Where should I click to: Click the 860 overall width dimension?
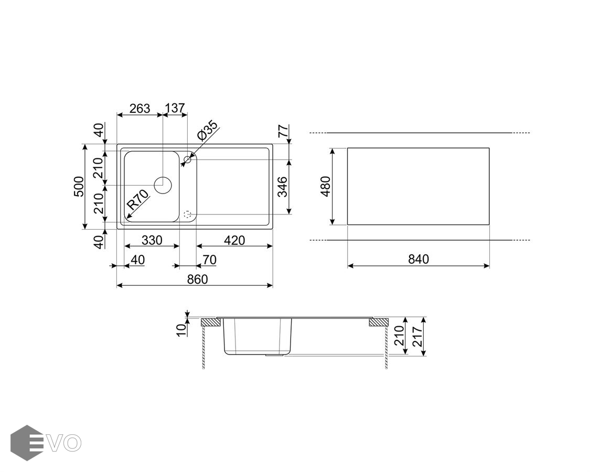[197, 280]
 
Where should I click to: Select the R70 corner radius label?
[138, 200]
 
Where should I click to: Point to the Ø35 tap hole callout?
[207, 130]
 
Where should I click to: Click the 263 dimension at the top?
[140, 109]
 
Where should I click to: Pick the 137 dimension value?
[175, 109]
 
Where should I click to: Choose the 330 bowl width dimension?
[152, 240]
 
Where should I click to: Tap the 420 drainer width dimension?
[234, 240]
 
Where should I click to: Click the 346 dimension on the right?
[282, 187]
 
